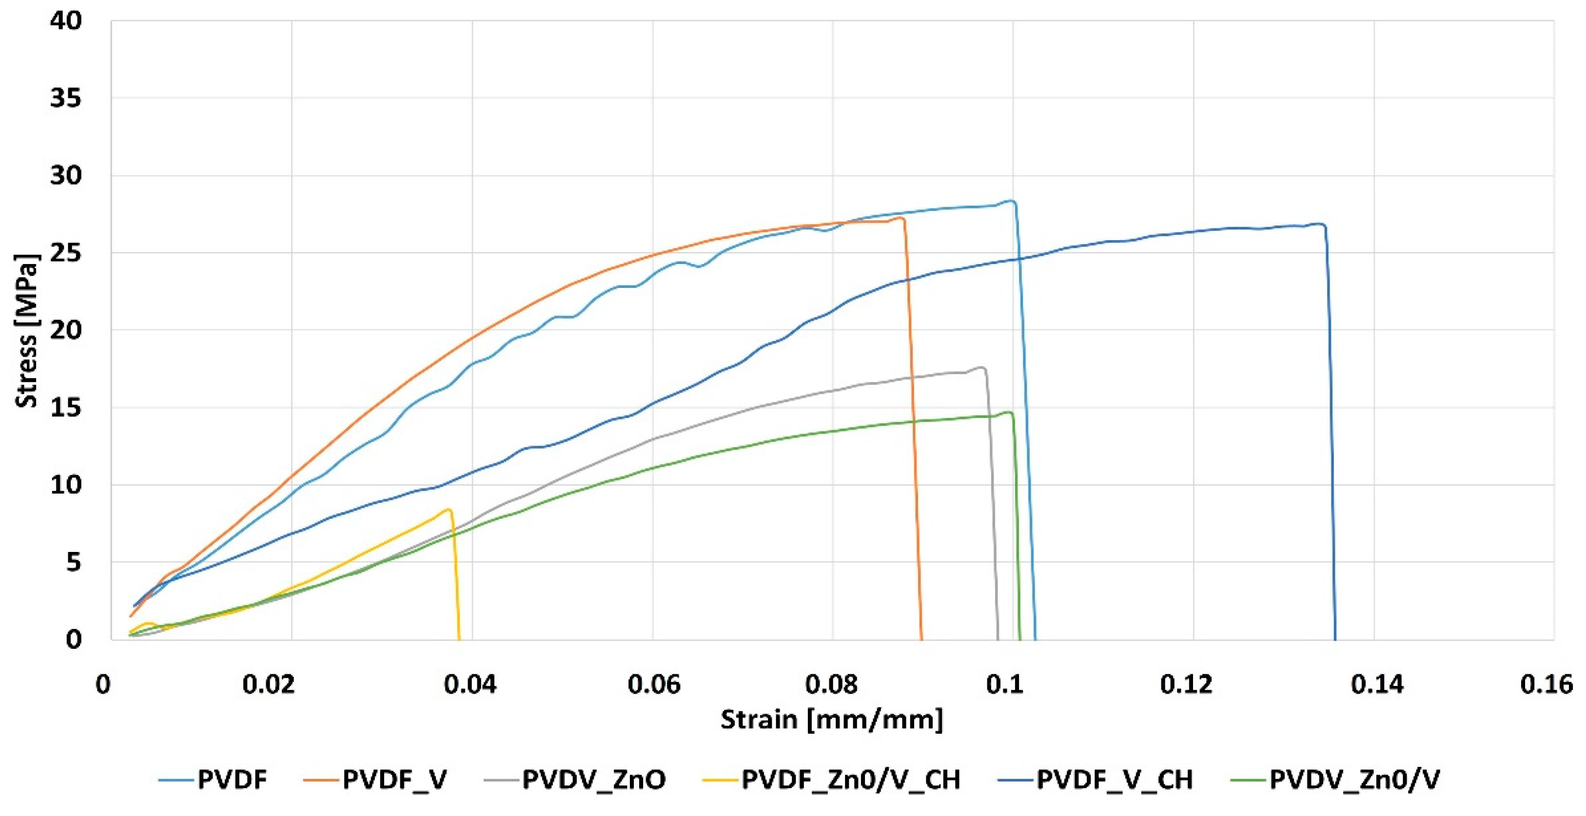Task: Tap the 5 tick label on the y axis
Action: coord(74,562)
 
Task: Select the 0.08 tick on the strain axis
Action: coord(832,685)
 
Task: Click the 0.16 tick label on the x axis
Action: coord(1546,685)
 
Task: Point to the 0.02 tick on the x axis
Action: coord(269,685)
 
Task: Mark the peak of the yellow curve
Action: coord(450,510)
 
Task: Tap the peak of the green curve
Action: coord(1008,412)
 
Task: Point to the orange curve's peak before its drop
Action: coord(901,217)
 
